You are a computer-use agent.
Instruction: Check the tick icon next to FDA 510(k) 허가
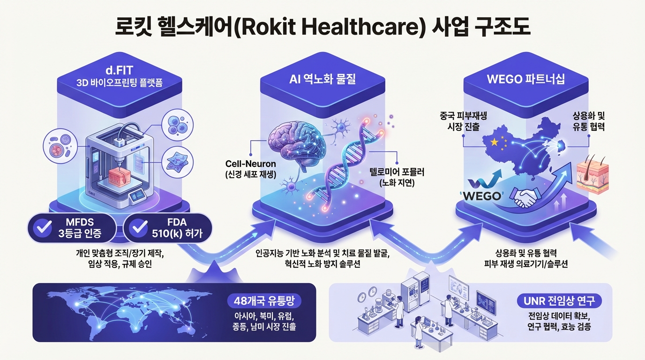coord(139,228)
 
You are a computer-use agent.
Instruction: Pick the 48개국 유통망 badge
coord(264,300)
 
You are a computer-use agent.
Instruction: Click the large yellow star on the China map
coord(493,141)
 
